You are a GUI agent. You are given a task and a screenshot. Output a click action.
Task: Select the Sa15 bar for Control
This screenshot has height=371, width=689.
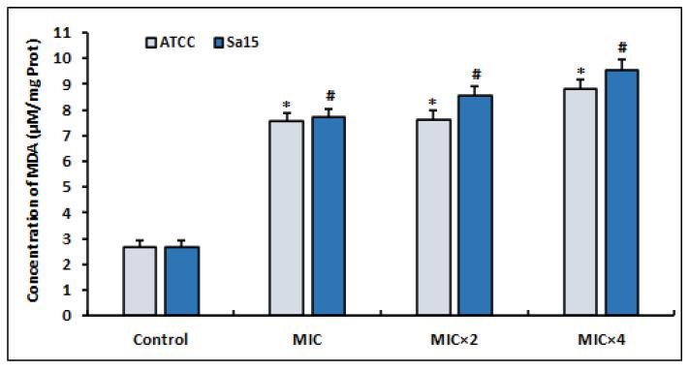click(x=181, y=281)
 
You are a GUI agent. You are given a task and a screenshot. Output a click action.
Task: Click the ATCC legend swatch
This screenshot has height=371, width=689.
click(x=153, y=43)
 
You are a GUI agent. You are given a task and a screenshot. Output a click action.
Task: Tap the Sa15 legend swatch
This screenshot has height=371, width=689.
click(x=217, y=43)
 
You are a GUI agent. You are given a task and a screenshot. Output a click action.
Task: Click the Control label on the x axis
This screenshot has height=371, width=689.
click(x=160, y=340)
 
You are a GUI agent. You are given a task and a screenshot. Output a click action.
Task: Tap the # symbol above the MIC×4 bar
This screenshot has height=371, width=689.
click(x=623, y=46)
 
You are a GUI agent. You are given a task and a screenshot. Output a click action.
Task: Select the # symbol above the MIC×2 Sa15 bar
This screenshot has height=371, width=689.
click(x=476, y=75)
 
